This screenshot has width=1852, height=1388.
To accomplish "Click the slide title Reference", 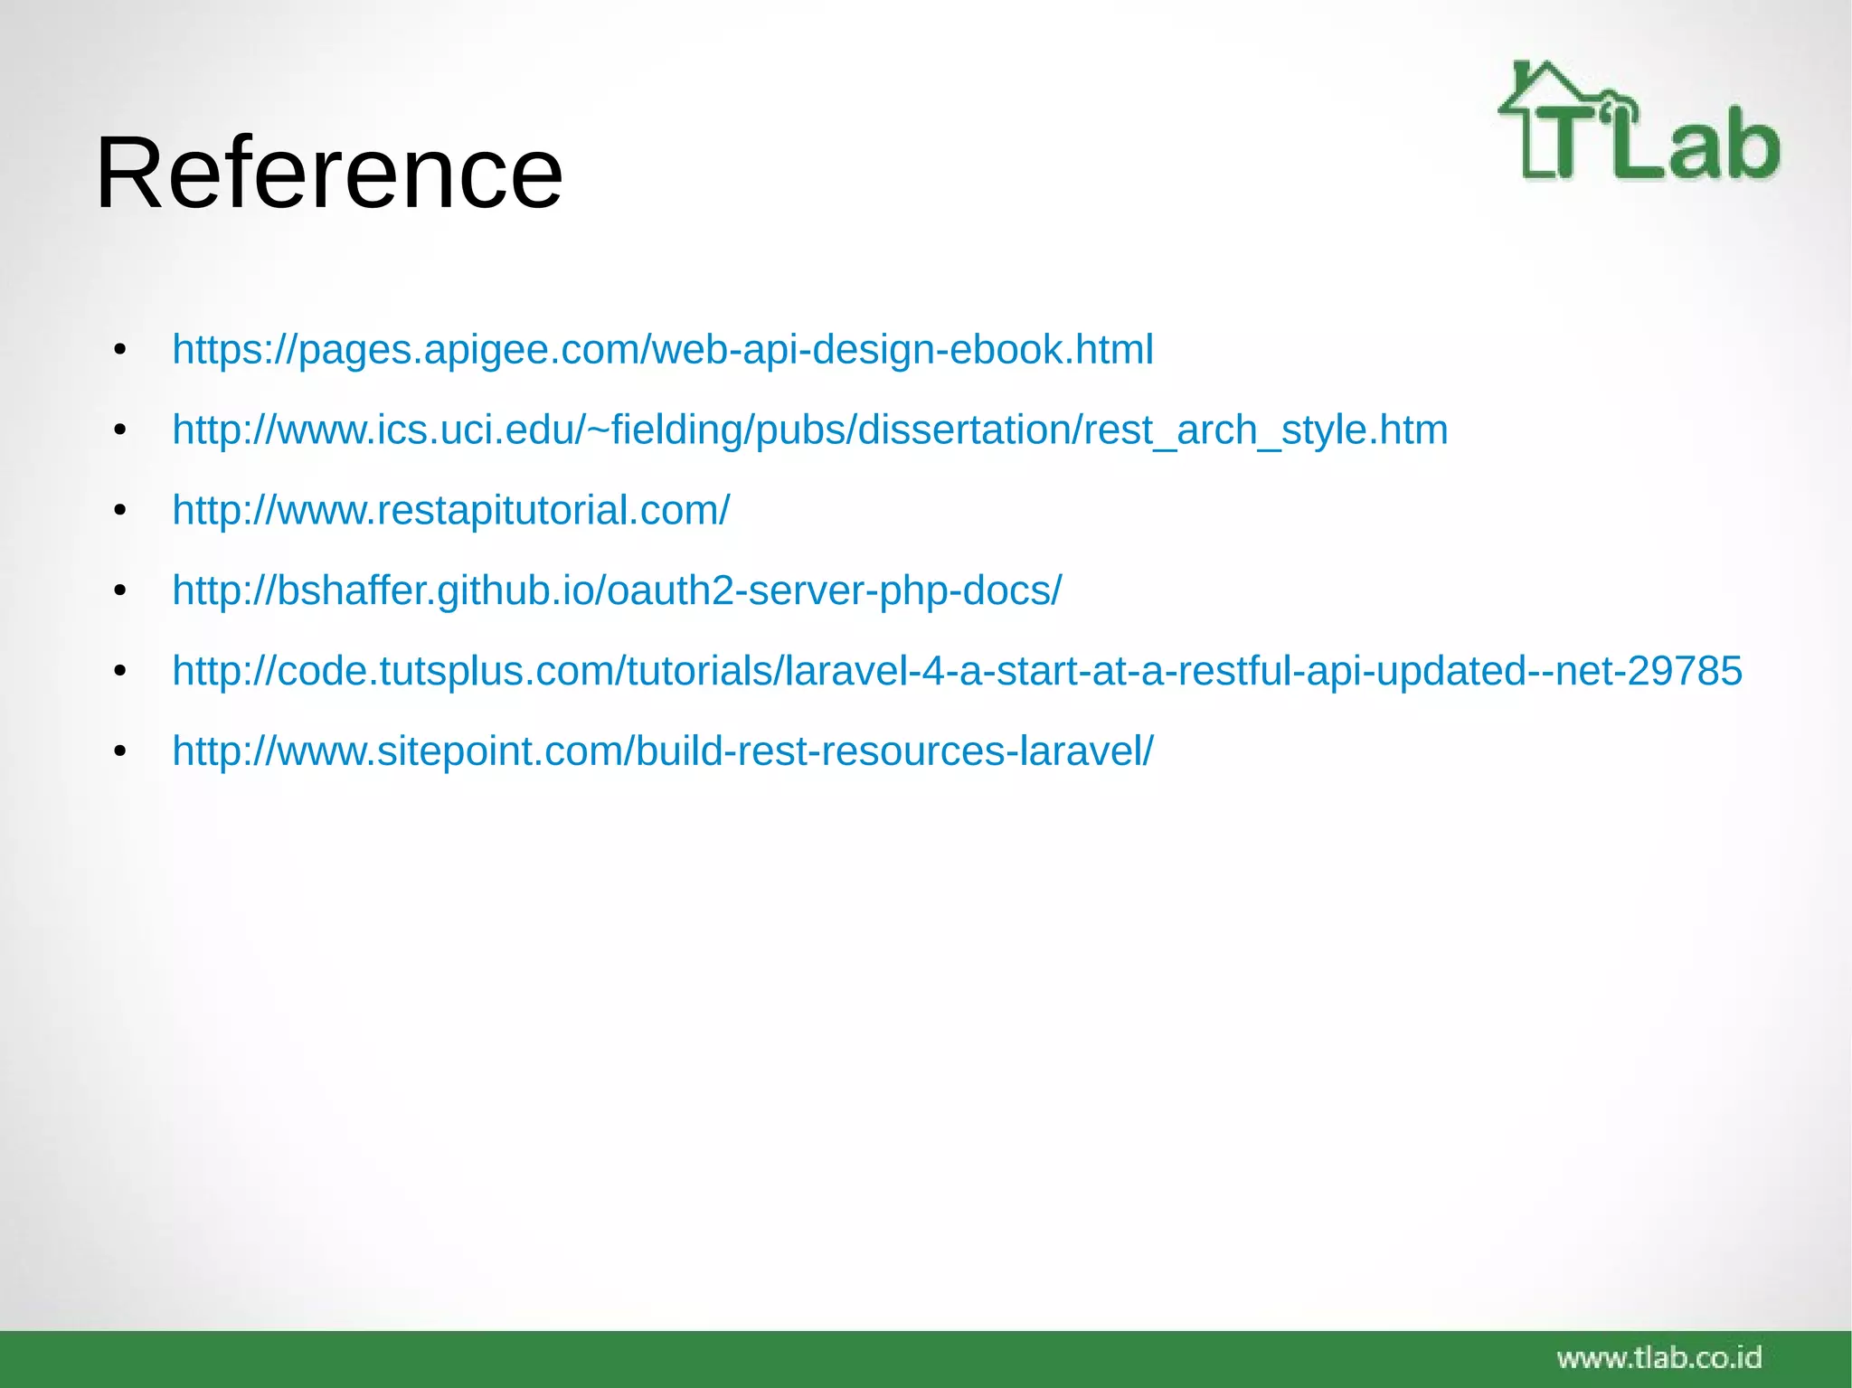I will (x=328, y=173).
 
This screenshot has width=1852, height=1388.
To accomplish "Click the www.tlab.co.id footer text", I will (x=1658, y=1357).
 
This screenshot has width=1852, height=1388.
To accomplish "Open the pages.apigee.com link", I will (x=662, y=350).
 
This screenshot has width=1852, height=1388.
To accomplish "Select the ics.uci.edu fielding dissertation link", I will (x=809, y=430).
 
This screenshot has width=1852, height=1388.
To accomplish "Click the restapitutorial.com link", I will (x=450, y=511).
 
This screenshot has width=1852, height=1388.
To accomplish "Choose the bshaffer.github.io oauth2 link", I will (x=617, y=591).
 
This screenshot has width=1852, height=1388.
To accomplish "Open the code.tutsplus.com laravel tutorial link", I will (x=956, y=672).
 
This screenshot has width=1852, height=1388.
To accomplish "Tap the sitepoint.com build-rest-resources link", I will (x=662, y=751).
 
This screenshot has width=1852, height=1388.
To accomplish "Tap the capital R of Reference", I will (x=127, y=173).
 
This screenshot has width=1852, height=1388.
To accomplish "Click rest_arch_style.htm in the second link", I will (x=1265, y=430).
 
